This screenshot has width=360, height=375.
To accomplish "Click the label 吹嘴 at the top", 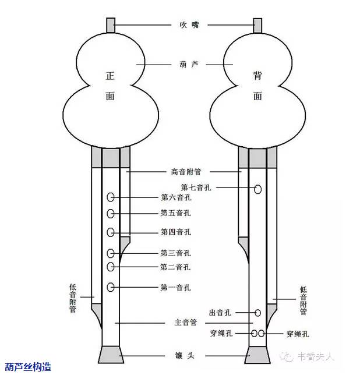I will click(183, 25).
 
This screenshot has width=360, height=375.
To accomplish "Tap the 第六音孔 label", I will click(175, 198).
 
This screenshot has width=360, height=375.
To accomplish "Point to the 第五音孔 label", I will click(175, 213).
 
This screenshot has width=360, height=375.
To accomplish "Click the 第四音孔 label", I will click(175, 232).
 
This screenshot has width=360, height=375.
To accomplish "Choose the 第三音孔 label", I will click(175, 253).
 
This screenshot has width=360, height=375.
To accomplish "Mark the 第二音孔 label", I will click(175, 267).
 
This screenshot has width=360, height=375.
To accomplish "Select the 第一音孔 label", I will click(175, 287).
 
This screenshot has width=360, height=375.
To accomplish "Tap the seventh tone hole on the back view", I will click(257, 189).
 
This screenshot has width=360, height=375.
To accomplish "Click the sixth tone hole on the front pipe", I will click(111, 198).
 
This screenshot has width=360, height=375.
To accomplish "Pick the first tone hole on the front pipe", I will click(111, 287).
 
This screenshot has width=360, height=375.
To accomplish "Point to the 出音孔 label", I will click(220, 313).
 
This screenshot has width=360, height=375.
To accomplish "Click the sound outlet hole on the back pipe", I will click(257, 313).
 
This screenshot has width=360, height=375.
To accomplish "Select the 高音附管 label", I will click(185, 172).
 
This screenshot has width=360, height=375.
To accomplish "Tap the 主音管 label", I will click(185, 323).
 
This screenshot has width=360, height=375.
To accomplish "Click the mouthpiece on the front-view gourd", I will click(111, 25).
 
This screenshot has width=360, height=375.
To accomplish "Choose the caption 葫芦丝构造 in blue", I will click(28, 367).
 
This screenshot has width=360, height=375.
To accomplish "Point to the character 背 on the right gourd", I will click(257, 76).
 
